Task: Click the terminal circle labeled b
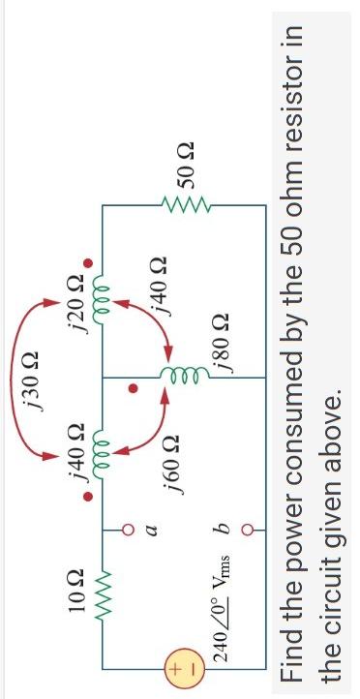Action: click(x=260, y=530)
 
